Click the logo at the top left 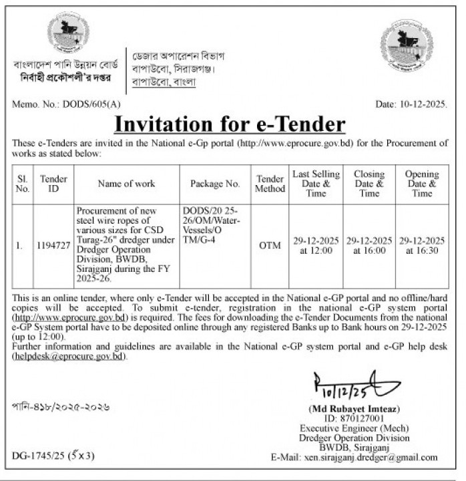tap(67, 34)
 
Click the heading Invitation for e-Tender tap(230, 124)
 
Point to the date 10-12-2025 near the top tap(423, 104)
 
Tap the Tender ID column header tap(53, 184)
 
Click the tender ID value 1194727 tap(53, 245)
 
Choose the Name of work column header tap(126, 183)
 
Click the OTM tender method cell tap(270, 245)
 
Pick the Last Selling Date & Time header tap(316, 183)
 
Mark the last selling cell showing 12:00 tap(316, 245)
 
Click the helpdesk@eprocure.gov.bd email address tap(69, 357)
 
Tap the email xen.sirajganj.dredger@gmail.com tap(379, 457)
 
